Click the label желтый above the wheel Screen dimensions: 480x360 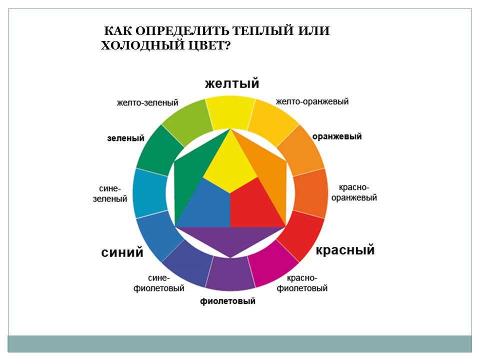tap(232, 83)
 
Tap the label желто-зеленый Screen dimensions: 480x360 tap(147, 102)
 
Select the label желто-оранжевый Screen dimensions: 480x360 tap(312, 101)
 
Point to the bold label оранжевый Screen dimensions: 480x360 tap(337, 136)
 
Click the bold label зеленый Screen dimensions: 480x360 tap(125, 138)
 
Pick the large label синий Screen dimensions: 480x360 tap(122, 252)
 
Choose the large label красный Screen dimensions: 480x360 tap(345, 250)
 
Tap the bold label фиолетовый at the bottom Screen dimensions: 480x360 tap(228, 301)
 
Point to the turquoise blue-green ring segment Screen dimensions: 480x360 tap(150, 193)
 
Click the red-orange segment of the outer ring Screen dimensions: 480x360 tap(310, 193)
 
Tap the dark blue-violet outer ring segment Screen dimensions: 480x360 tap(187, 264)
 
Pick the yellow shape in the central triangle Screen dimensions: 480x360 tap(230, 162)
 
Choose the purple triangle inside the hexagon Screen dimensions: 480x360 tap(230, 239)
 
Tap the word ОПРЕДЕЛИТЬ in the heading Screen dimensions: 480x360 tap(182, 31)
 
